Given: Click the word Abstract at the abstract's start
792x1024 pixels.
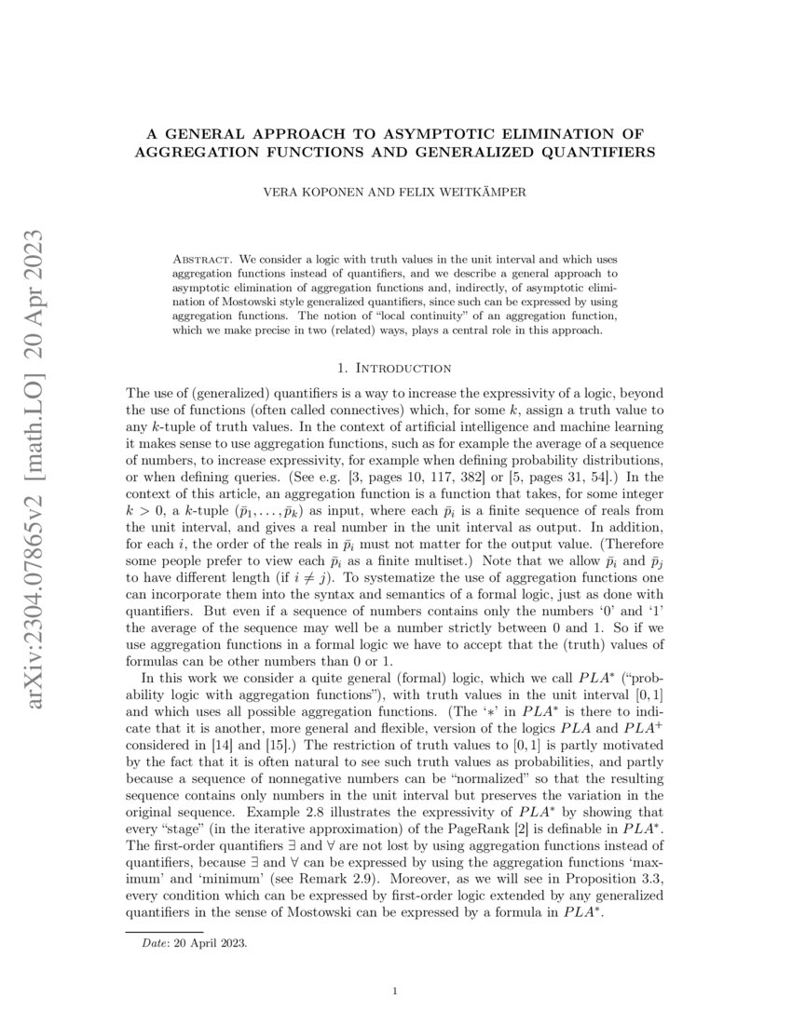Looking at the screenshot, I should [201, 256].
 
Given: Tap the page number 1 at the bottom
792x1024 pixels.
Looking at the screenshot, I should [396, 990].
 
